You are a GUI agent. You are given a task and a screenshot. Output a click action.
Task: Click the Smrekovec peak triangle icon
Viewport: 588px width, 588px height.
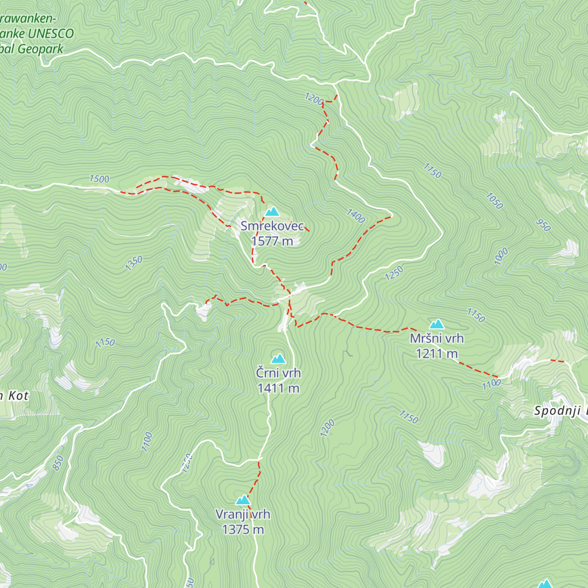272,212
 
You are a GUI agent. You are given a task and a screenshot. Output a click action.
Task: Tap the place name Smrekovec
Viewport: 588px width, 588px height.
272,226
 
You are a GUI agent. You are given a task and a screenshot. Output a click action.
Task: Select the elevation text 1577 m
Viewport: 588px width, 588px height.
272,241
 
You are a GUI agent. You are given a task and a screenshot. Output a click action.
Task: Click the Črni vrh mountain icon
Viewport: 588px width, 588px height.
278,359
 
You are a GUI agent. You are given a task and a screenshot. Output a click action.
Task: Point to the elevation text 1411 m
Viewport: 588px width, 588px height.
278,388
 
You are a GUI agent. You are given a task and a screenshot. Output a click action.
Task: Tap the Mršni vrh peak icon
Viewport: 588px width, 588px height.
437,324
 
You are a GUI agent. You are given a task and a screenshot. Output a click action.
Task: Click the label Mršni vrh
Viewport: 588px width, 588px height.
437,338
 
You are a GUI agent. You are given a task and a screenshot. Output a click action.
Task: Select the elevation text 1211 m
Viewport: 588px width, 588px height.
437,353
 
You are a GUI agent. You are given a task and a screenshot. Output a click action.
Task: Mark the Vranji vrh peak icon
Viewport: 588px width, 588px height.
243,500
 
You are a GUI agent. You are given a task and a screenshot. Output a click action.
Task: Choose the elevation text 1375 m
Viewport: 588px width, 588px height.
243,529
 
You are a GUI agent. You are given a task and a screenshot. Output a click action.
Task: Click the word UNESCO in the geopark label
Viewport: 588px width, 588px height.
51,34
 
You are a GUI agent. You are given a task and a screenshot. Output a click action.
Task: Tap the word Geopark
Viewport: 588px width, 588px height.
41,49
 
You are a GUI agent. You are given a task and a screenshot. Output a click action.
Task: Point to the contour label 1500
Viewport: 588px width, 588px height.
99,179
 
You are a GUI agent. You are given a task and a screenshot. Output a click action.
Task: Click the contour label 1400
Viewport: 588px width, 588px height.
356,216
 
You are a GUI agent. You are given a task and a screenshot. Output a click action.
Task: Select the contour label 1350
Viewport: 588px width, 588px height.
134,263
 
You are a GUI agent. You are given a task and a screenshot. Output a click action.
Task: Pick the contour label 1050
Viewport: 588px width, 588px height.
494,200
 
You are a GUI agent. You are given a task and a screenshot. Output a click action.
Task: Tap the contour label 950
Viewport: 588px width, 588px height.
543,225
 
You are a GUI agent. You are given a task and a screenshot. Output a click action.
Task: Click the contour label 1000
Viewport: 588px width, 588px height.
501,257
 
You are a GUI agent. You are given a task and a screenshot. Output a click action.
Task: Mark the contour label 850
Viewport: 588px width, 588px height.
58,463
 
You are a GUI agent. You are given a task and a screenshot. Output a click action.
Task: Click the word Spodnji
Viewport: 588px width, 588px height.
556,411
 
